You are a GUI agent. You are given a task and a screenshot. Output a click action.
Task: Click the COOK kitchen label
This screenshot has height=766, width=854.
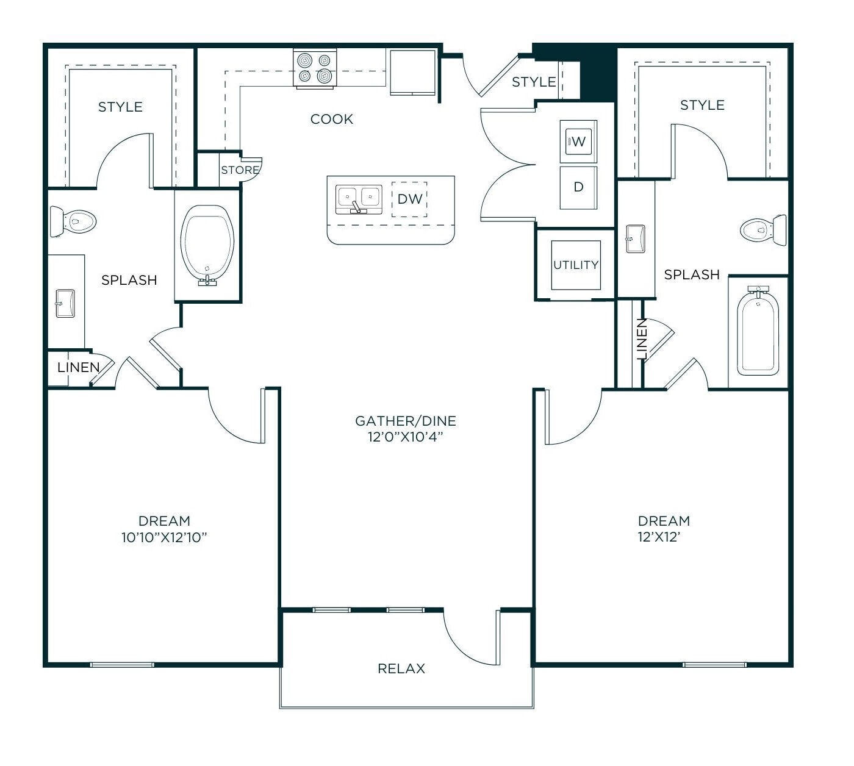click(331, 119)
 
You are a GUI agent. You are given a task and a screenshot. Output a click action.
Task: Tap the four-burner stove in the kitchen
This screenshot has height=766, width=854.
click(315, 68)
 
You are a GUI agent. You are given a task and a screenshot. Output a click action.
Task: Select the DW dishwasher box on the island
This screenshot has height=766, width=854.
click(409, 199)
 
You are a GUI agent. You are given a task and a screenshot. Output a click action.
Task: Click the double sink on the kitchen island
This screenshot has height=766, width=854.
click(359, 199)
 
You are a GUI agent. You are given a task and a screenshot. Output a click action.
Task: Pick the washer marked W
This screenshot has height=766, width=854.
click(578, 142)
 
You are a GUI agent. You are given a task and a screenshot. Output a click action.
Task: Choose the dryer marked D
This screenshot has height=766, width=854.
click(578, 187)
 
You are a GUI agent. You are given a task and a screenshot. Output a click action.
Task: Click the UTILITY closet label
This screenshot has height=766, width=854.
click(575, 265)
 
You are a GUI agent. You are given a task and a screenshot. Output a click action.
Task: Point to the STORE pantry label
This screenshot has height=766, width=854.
click(240, 170)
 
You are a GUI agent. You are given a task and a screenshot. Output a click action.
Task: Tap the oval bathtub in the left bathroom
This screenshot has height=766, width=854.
click(209, 245)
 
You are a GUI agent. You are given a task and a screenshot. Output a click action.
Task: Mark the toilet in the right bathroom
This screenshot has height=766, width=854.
click(763, 230)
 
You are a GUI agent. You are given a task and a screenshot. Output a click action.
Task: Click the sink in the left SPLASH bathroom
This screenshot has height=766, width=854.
click(64, 303)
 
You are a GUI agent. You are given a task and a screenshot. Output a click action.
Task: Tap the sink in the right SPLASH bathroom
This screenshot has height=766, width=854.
click(635, 238)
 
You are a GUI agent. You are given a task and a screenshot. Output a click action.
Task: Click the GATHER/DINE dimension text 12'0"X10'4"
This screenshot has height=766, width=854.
click(405, 437)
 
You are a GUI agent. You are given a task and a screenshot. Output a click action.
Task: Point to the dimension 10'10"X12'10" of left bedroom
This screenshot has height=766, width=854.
click(164, 537)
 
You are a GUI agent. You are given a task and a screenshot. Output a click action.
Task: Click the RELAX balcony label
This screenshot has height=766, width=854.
click(401, 668)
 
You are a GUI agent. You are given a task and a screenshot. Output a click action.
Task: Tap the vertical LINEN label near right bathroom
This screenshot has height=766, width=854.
click(641, 339)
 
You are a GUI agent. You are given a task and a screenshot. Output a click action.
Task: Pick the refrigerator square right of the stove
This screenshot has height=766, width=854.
click(413, 72)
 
